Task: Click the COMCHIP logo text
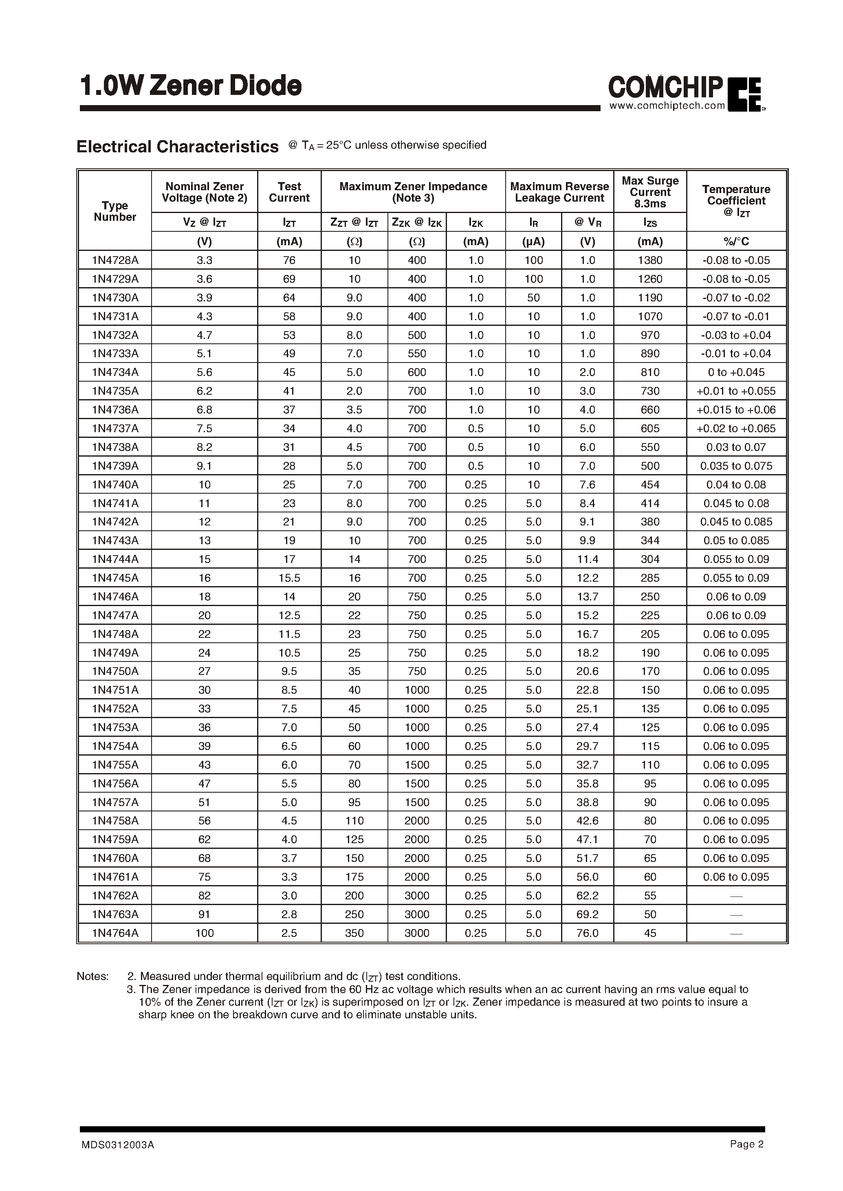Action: (665, 87)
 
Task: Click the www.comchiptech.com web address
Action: (667, 106)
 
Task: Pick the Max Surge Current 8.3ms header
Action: (650, 192)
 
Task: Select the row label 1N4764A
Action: (115, 933)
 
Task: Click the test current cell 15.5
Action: (289, 578)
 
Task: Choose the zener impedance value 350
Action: (354, 933)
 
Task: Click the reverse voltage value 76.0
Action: (587, 933)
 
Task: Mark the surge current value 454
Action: (650, 485)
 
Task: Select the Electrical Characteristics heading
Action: (178, 147)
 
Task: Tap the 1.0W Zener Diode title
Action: (191, 86)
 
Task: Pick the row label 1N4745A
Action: (115, 578)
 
